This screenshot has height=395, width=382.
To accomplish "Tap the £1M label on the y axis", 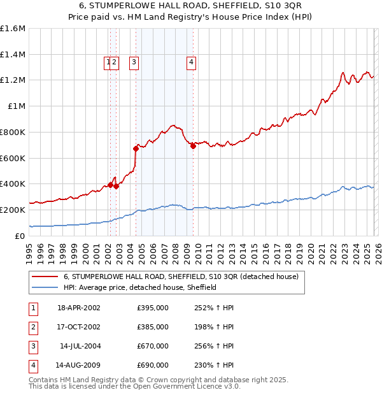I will (17, 106).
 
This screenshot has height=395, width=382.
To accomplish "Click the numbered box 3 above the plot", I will (134, 62).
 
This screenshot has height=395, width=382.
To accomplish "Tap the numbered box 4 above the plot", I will (191, 62).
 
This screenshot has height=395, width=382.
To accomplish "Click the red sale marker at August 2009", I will (193, 146).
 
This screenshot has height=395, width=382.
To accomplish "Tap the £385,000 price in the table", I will (153, 327).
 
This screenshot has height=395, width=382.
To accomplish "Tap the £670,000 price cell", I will (153, 346).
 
